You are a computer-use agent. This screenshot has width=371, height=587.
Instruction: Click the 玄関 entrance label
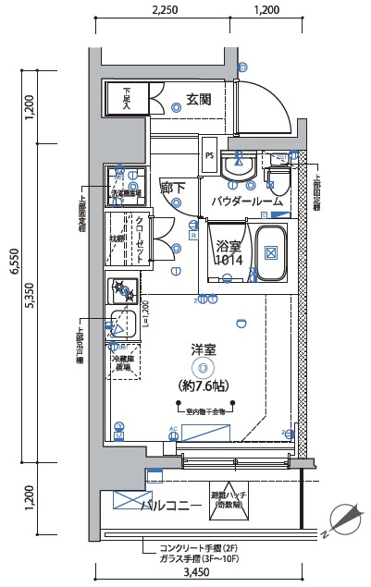click(198, 99)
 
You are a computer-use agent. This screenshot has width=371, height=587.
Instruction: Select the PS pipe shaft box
click(210, 155)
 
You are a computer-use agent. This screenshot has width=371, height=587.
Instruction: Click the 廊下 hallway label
click(173, 188)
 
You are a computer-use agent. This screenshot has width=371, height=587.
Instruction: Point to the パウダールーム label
click(246, 201)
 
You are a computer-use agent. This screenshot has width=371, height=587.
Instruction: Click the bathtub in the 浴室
click(271, 252)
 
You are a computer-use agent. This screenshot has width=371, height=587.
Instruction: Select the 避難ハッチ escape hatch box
click(227, 500)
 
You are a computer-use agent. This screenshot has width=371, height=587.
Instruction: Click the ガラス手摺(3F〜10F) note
click(198, 557)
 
